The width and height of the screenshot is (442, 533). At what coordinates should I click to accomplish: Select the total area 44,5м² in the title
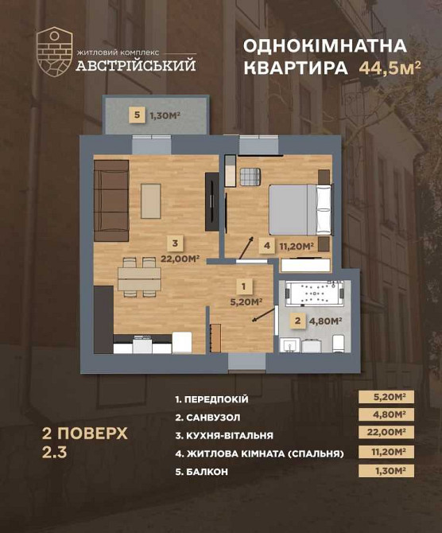coord(390,68)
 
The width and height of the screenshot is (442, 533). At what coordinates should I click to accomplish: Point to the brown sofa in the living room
coord(111,200)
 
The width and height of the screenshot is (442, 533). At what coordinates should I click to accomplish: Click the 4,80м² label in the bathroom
coord(325,321)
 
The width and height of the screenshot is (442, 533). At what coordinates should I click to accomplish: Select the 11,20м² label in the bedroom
coord(296,245)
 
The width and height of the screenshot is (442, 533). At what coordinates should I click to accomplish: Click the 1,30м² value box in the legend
coord(388,472)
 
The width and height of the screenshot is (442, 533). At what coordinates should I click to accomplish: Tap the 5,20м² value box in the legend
coord(388,397)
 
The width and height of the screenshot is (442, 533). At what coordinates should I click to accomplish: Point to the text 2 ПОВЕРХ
coord(83,434)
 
